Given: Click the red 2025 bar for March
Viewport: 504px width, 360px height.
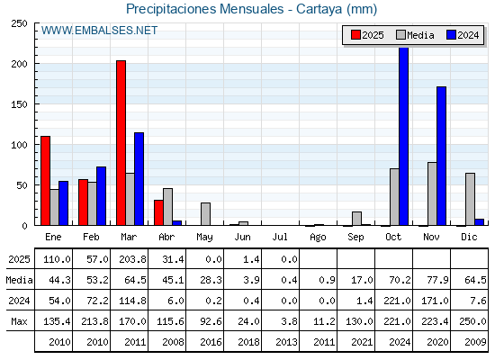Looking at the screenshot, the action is (x=121, y=143).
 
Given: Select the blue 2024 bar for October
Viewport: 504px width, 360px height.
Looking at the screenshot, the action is (x=404, y=137).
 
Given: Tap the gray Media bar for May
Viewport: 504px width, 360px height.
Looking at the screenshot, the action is (x=206, y=214).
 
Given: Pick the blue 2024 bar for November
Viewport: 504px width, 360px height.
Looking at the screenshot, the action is (x=442, y=156).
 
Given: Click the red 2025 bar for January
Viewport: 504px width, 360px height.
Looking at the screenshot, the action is (x=45, y=181).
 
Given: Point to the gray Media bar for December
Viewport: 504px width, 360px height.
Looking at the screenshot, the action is (x=470, y=199).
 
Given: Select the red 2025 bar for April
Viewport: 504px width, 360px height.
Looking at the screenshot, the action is (x=158, y=212).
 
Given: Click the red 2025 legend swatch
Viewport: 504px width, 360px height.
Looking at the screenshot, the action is (x=355, y=35).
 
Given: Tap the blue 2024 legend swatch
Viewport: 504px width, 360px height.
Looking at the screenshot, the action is (x=451, y=35).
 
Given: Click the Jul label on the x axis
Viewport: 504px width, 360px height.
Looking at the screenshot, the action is (x=280, y=237).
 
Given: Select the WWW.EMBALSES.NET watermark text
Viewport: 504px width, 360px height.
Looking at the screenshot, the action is (x=99, y=31).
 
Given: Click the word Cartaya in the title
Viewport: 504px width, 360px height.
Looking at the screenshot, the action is (x=319, y=9).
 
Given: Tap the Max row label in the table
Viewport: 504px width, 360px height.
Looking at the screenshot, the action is (x=19, y=321).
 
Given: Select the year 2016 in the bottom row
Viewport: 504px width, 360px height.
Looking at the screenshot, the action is (x=211, y=342).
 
